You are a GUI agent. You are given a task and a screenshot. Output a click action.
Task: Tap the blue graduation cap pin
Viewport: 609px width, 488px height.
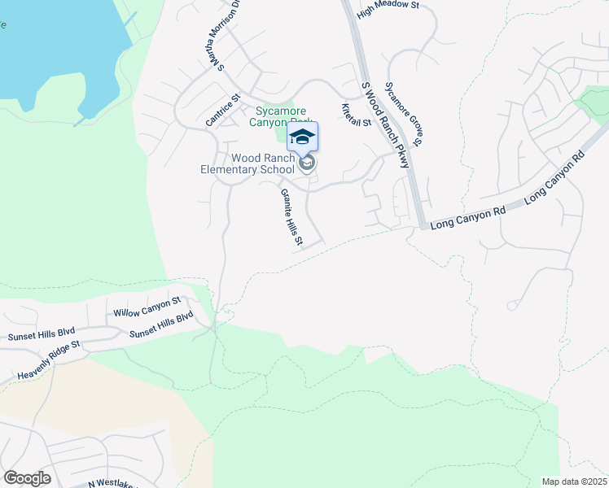pos(302,137)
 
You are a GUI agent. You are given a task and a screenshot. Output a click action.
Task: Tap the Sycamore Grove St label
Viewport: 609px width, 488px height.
pos(404,115)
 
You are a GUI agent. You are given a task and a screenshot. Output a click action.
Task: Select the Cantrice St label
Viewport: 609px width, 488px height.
pos(223,111)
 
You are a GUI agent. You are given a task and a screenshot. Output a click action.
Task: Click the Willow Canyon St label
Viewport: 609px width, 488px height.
pos(147,307)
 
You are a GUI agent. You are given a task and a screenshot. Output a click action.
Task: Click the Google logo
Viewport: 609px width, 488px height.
pos(27,478)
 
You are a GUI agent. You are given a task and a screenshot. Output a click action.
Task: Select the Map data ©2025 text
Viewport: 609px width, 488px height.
pos(575,481)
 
